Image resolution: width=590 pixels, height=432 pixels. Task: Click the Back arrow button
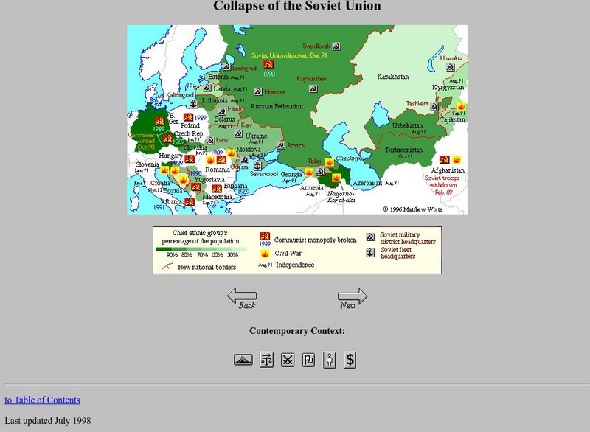click(x=242, y=298)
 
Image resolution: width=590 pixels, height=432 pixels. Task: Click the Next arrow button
click(x=352, y=298)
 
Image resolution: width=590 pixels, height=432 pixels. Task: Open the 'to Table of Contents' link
click(x=42, y=400)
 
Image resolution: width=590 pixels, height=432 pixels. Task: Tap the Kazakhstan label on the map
click(x=392, y=77)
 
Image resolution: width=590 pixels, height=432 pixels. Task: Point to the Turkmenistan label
click(x=404, y=150)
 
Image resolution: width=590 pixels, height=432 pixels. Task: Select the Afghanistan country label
click(x=448, y=170)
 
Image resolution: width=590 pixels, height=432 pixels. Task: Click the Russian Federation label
click(x=277, y=106)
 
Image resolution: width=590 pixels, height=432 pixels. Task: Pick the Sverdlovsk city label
click(x=316, y=45)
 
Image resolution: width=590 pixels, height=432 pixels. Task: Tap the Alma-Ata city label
click(x=451, y=58)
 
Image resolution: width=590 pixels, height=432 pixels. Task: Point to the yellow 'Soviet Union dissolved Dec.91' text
click(x=288, y=55)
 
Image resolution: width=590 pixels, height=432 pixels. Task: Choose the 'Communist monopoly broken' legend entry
click(x=315, y=240)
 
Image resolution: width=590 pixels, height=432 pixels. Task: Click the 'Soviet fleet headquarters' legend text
click(x=398, y=253)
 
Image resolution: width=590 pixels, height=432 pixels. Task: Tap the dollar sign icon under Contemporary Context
click(x=350, y=360)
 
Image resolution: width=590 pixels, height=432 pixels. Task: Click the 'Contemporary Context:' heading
click(x=296, y=331)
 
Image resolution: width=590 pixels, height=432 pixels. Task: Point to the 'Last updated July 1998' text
click(x=47, y=421)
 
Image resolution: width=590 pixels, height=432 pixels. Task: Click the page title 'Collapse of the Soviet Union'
click(x=296, y=7)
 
